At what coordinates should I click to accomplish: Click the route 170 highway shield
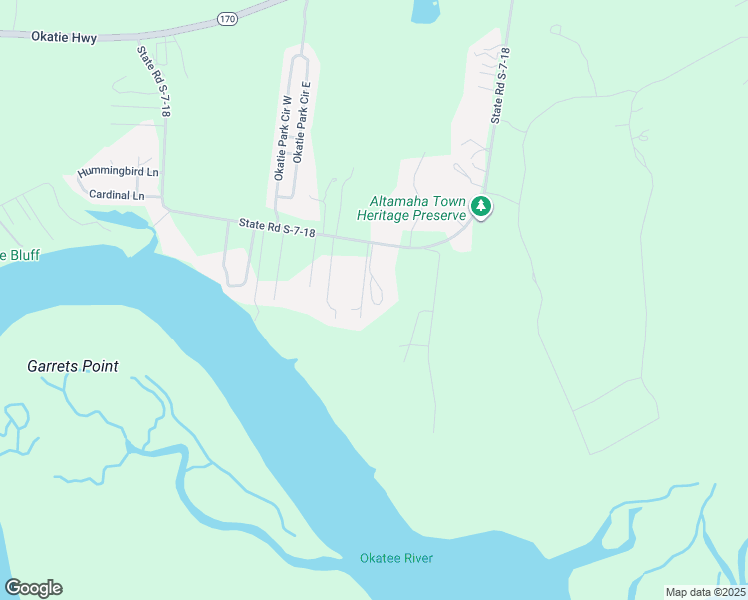point(227,18)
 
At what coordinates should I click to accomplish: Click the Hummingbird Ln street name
point(119,172)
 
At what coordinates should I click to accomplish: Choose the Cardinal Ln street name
point(116,194)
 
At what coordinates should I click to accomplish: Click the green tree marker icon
point(482,207)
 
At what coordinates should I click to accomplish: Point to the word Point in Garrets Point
point(101,367)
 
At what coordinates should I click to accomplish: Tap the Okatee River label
point(397,557)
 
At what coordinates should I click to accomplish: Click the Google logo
point(33,588)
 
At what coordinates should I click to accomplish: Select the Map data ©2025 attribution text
point(704,592)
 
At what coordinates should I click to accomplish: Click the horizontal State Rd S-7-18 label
point(277,230)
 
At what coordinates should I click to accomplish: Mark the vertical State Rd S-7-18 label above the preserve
point(499,85)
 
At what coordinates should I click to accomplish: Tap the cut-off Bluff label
point(20,256)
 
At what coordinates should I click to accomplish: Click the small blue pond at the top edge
point(424,10)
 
